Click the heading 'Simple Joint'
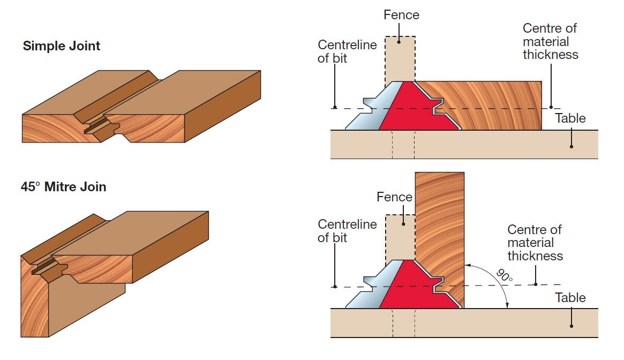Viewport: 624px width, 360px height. [x=61, y=46]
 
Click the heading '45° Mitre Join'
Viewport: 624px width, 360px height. [x=64, y=187]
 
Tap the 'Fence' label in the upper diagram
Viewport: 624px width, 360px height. [x=401, y=15]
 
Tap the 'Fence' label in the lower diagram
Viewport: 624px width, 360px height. [x=394, y=197]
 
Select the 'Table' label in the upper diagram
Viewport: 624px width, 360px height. [x=570, y=118]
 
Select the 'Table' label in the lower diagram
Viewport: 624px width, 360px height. [x=570, y=298]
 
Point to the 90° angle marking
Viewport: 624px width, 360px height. [x=504, y=277]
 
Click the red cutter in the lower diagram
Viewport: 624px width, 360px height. [x=412, y=287]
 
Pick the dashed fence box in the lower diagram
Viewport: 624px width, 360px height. [x=400, y=236]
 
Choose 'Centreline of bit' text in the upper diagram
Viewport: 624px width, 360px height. [x=347, y=51]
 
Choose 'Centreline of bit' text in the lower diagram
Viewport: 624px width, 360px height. [x=347, y=231]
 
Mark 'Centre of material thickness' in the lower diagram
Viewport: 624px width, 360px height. [x=535, y=243]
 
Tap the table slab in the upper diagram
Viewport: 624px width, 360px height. [x=482, y=145]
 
